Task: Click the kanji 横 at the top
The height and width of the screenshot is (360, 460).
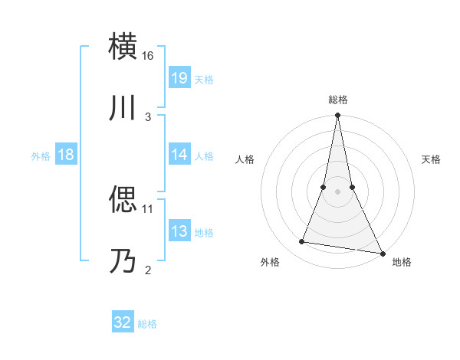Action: point(123,46)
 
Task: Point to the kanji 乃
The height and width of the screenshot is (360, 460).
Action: point(123,260)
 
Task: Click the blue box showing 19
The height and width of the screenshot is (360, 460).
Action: point(179,77)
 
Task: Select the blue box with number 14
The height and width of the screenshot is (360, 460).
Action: point(179,154)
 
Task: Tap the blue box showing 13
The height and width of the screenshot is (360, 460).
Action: point(179,231)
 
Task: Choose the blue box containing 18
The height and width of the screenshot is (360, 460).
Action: point(65,154)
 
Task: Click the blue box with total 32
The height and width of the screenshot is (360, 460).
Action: point(122,322)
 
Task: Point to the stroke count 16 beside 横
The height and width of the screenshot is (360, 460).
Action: point(148,56)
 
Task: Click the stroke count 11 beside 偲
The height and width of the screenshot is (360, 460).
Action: point(148,208)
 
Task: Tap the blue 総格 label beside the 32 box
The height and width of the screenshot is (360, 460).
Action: point(147,324)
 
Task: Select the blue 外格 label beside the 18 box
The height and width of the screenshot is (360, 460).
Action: point(41,155)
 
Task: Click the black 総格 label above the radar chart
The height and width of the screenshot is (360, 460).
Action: point(338,100)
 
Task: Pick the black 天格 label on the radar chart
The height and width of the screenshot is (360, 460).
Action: point(431,159)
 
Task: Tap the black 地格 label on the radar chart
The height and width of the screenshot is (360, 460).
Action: point(402,262)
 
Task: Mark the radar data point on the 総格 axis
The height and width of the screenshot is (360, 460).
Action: point(337,116)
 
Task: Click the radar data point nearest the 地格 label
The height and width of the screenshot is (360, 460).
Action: point(382,254)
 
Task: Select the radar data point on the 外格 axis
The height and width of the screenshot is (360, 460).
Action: point(302,242)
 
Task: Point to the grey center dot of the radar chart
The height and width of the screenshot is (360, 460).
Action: point(337,191)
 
